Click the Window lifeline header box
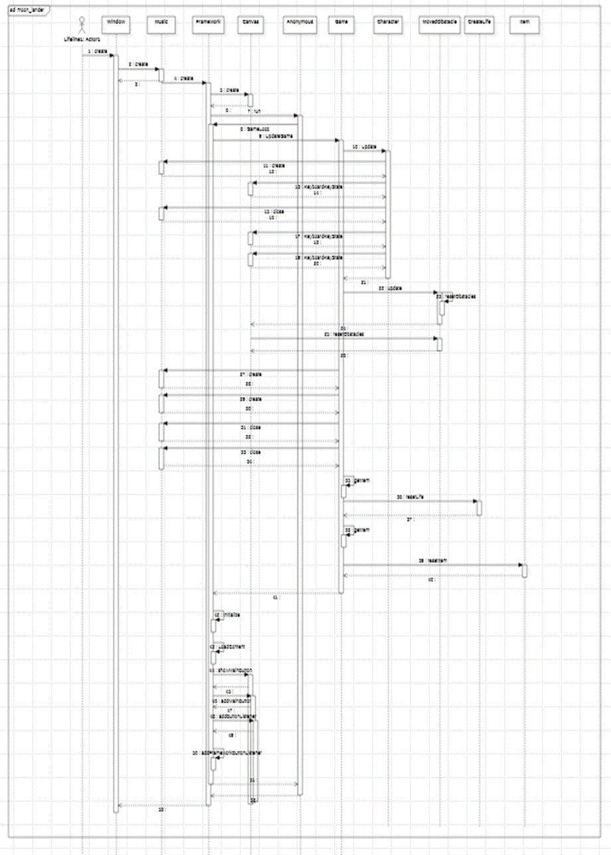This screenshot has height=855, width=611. (116, 23)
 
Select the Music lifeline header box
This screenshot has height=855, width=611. (161, 23)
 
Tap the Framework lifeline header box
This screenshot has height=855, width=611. (208, 23)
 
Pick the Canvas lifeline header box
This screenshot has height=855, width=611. (250, 23)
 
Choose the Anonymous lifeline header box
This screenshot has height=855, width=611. (299, 23)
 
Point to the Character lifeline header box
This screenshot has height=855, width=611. (387, 23)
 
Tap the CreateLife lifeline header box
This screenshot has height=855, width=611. (479, 23)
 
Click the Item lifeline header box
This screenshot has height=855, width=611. (524, 23)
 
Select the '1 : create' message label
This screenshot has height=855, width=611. (96, 51)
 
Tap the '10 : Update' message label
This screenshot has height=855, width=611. (364, 146)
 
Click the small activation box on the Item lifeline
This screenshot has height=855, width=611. (525, 571)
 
